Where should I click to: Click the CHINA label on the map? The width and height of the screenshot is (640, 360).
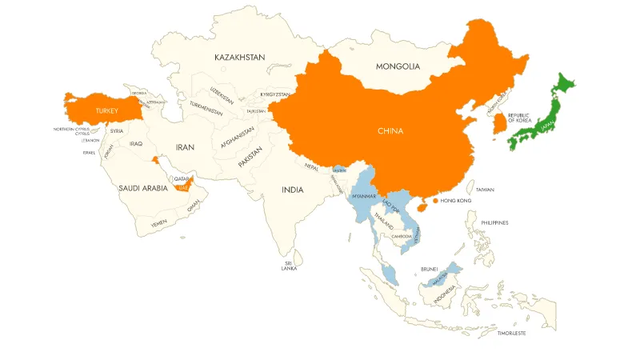coord(390,130)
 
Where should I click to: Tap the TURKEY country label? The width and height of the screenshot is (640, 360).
coord(106,110)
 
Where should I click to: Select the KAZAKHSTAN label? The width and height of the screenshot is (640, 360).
coord(240,58)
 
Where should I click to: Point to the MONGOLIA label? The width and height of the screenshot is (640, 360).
coord(398,66)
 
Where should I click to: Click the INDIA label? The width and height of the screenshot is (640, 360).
coord(292,190)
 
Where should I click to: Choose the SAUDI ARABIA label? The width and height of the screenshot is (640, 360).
coord(143,188)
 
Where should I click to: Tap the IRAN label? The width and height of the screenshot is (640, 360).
coord(185,148)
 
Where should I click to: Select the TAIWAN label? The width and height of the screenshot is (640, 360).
coord(485,190)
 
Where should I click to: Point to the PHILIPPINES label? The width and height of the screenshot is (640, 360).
coord(494,222)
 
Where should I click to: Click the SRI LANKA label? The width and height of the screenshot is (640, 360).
coord(289,266)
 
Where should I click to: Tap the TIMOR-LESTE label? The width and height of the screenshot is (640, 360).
coord(512,332)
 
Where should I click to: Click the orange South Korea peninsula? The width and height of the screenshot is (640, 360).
coord(499,123)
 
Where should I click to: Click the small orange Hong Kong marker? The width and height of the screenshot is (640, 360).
coord(434,201)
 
